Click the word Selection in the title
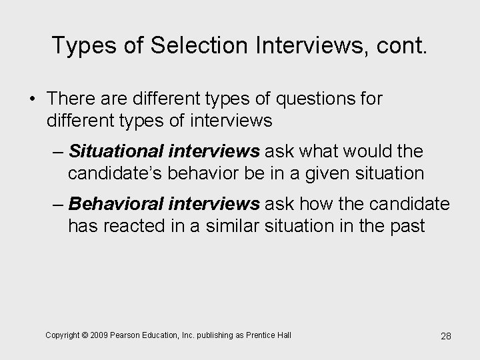183,46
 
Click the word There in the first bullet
71,99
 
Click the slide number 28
445,336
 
